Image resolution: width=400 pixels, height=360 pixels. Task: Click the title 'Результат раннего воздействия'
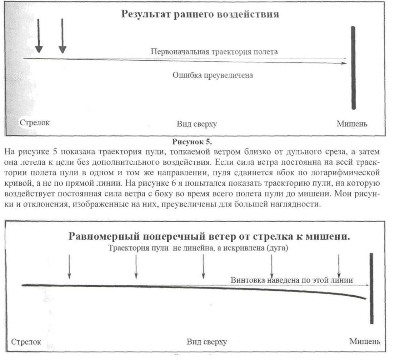[x=200, y=15]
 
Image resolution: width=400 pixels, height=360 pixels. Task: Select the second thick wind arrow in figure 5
[x=62, y=36]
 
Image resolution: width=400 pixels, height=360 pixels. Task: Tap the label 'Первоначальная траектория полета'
[x=214, y=51]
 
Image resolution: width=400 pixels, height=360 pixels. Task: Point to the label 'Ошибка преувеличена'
[x=213, y=75]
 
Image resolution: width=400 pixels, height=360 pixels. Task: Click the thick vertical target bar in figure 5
[x=353, y=68]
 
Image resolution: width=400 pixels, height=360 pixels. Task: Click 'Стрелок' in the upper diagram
[x=34, y=122]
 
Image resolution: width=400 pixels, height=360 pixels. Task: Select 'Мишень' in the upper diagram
[x=352, y=124]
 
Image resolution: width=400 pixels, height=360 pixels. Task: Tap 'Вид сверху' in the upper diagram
[x=197, y=124]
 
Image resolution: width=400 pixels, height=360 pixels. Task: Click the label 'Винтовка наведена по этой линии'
[x=292, y=280]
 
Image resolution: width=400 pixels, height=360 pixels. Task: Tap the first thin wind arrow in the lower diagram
[x=69, y=266]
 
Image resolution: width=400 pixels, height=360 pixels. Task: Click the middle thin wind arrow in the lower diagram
[x=203, y=266]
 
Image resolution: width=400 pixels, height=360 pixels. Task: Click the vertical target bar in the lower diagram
[x=372, y=288]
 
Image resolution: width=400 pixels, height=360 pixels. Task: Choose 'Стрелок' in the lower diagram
[x=26, y=342]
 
